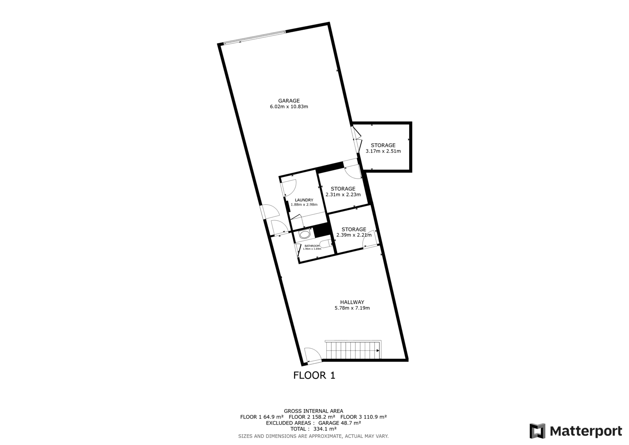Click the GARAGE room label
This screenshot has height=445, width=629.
point(289,101)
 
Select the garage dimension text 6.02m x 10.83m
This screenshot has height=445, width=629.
point(289,107)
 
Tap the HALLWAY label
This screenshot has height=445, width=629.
point(352,302)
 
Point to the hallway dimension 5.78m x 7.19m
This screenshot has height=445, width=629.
point(352,308)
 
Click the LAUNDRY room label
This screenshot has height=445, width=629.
point(304,200)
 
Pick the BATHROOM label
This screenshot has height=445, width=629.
point(312,246)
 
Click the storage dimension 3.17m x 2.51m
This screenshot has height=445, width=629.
point(383,151)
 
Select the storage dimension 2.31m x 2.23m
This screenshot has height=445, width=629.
point(343,194)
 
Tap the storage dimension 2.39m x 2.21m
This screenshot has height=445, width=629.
point(354,235)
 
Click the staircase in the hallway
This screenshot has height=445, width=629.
point(353,350)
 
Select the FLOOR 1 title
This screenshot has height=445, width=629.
point(314,375)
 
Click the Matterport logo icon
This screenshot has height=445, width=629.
point(537,431)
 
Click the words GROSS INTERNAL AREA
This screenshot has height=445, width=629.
point(313,411)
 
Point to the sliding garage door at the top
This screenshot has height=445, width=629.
point(255,37)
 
